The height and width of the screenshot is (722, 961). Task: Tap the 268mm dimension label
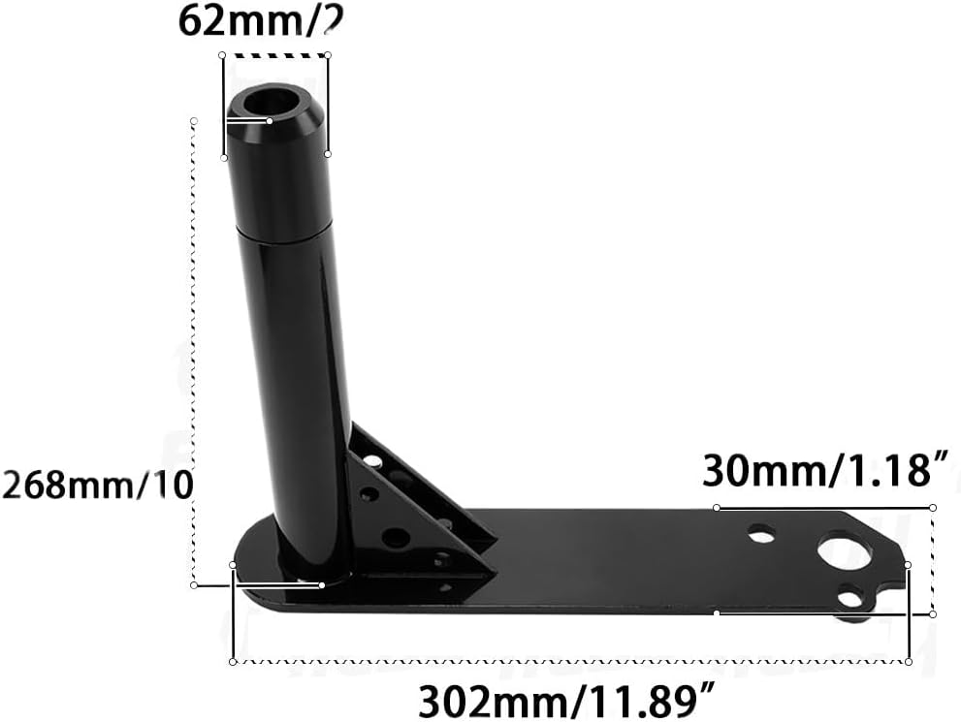tap(98, 483)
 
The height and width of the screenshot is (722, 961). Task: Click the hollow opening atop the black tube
tap(271, 101)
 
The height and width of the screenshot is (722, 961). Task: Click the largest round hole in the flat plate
tap(844, 551)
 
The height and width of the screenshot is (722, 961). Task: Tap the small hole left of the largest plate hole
tap(762, 533)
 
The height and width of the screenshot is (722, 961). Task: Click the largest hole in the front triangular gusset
tap(396, 537)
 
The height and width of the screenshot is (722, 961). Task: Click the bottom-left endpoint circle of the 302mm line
tap(233, 662)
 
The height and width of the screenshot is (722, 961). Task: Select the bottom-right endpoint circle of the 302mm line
tap(909, 661)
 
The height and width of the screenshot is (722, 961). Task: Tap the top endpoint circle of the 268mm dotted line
tap(194, 120)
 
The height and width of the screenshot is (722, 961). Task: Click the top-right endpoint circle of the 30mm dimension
tap(933, 507)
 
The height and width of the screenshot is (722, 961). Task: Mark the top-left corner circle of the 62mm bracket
tap(223, 54)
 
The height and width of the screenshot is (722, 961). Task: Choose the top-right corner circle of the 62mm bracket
tap(328, 54)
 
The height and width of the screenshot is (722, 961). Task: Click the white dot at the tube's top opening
tap(269, 120)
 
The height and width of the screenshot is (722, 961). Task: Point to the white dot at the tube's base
tap(322, 584)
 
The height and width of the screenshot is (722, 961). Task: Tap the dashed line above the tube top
tap(275, 55)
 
